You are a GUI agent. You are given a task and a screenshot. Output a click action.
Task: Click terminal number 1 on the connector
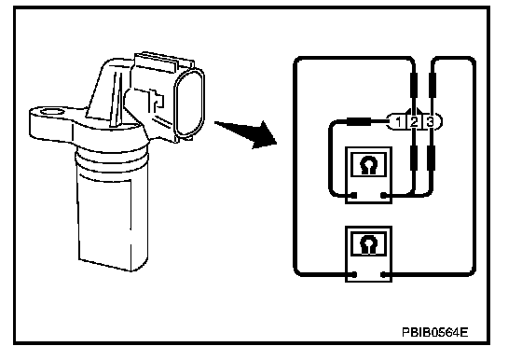398,122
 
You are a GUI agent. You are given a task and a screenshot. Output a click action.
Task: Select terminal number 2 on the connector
414,122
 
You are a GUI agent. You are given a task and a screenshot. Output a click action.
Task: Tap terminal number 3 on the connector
430,122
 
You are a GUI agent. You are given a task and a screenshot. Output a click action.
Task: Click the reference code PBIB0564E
434,332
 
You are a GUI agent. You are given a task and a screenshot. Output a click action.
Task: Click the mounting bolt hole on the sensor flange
52,112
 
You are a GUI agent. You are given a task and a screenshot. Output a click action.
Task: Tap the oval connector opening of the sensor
188,104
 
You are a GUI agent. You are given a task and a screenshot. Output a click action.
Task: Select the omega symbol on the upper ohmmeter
367,165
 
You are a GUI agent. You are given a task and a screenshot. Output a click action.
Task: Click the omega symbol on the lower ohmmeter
367,245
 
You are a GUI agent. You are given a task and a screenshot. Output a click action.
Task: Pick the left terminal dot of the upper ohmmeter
354,195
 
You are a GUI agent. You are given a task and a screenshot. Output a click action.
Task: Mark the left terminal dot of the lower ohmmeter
354,275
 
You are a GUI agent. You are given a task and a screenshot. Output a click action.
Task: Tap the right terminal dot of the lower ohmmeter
383,275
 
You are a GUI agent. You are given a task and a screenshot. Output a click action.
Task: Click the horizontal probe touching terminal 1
359,121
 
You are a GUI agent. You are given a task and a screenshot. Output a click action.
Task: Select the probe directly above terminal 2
414,86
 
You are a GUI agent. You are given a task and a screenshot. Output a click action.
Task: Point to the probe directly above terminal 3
432,86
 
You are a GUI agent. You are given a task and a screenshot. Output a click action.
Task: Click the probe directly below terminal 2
414,158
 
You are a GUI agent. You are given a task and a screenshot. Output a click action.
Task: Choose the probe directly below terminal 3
431,158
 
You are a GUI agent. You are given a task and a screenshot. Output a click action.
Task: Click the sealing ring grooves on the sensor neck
111,159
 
